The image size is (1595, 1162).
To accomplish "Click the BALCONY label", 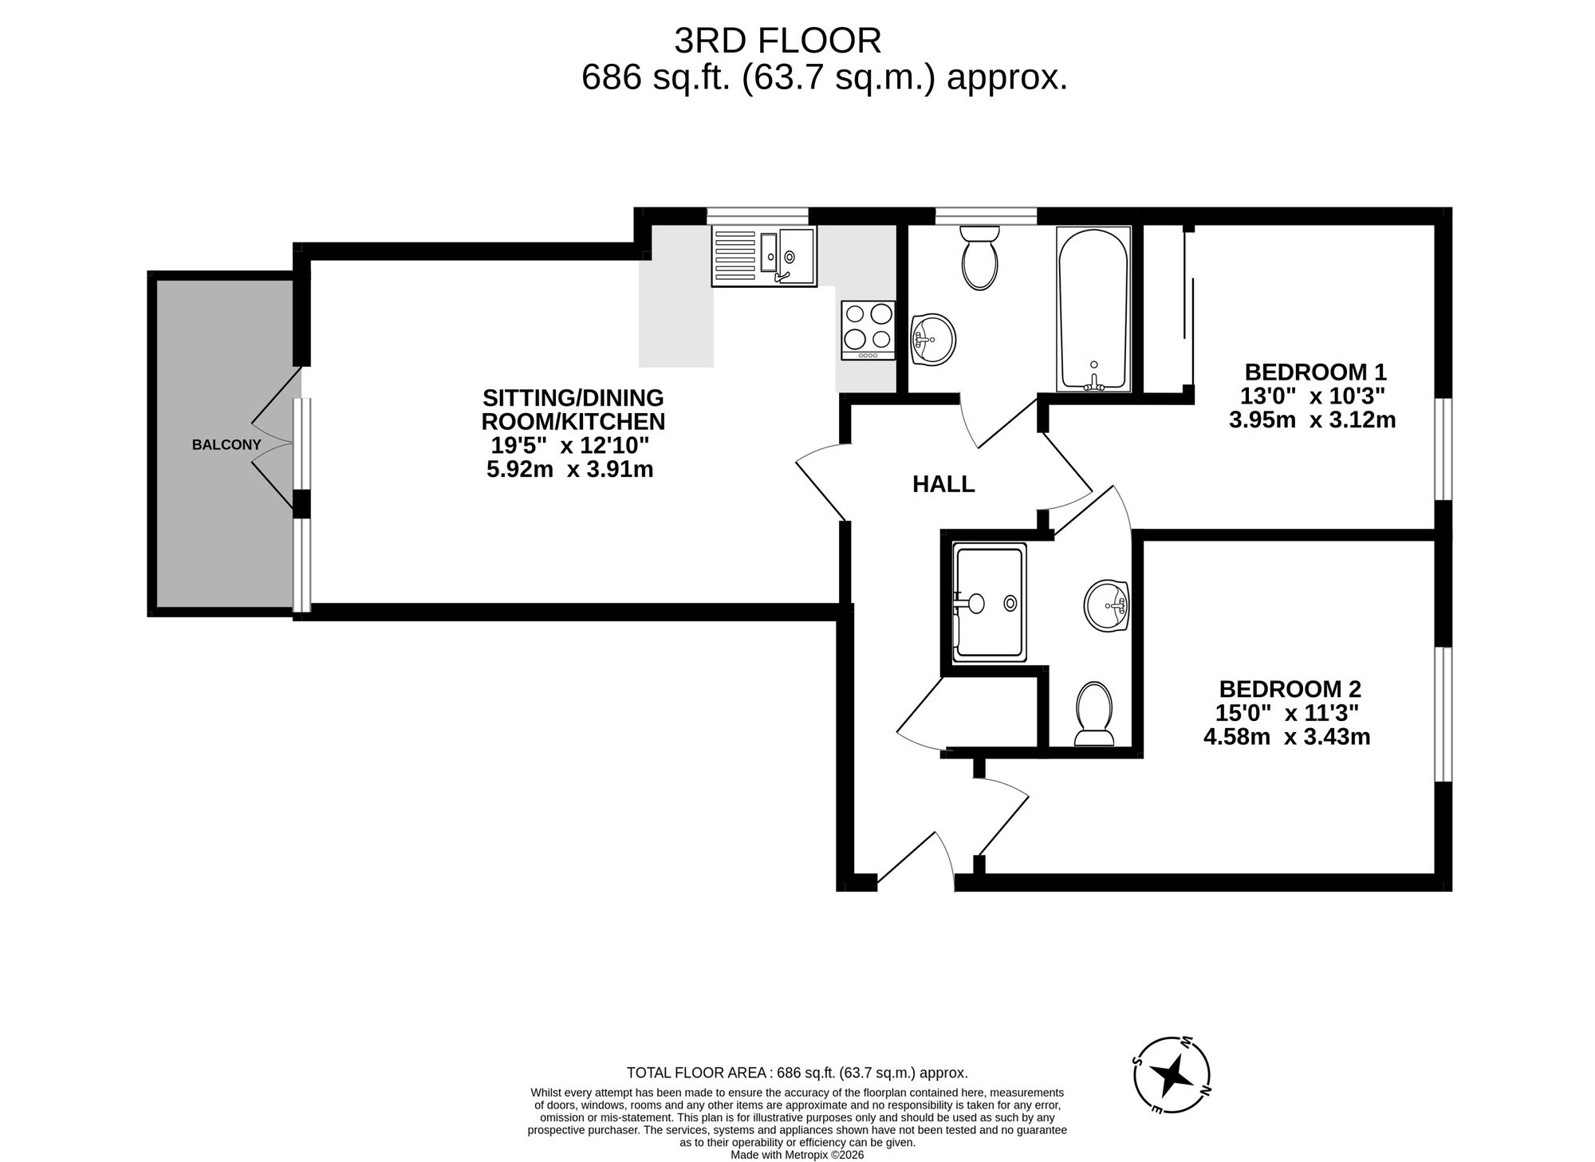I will pos(226,445).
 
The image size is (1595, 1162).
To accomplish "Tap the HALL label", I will pos(943,484).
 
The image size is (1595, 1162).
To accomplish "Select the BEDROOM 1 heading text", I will pos(1315,372).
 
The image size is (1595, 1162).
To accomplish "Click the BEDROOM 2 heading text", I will pos(1290,688).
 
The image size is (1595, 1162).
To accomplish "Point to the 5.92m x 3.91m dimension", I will pos(569,470).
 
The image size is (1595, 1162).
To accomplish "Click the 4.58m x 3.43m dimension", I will pos(1286,737).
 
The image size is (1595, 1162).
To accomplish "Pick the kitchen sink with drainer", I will pos(764,257).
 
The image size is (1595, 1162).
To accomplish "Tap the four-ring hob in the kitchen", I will pos(868,330).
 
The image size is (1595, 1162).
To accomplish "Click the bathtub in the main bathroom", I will pos(1093,309).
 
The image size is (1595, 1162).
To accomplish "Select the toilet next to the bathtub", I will pos(979,258).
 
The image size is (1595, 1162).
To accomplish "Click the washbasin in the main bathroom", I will pos(932,340).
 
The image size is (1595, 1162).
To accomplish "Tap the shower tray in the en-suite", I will pos(989,604).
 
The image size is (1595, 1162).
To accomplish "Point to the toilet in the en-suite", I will pos(1094,713).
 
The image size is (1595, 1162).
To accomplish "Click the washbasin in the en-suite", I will pos(1107,606).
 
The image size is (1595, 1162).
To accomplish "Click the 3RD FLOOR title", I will pos(778,41).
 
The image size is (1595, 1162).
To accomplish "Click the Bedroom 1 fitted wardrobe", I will pos(1164,309).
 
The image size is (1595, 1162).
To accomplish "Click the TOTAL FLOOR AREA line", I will pos(797,1073).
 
